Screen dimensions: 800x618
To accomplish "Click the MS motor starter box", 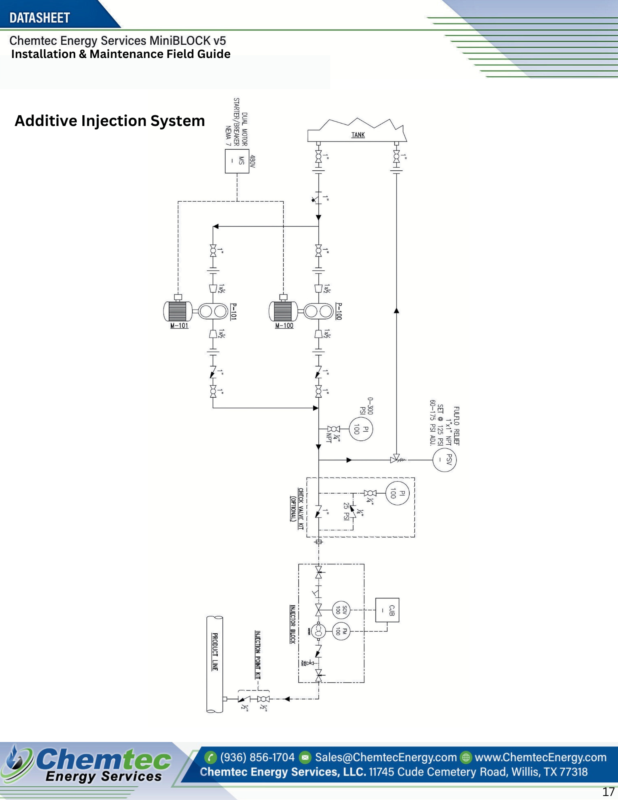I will [237, 161].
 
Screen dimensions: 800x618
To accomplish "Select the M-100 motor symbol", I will [283, 311].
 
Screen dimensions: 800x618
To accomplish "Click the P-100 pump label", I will [339, 311].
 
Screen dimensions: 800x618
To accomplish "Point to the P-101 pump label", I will [234, 311].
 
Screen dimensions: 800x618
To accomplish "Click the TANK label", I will [358, 135].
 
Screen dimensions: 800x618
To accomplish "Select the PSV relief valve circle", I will [444, 460].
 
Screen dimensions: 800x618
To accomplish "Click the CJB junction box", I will [387, 610].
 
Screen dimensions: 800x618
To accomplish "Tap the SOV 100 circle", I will [341, 610].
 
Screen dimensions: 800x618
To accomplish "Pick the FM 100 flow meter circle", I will [341, 631].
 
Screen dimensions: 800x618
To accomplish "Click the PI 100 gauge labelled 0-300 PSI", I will [361, 429].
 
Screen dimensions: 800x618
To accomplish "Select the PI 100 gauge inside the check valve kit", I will [397, 493].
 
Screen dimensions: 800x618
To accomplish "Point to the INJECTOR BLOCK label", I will [292, 624].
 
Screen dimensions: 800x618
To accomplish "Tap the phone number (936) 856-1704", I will [257, 757].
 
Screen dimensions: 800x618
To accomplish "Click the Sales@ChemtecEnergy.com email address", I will [386, 757].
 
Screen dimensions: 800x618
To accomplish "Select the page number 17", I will [608, 792].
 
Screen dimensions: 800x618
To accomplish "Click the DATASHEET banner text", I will [40, 18].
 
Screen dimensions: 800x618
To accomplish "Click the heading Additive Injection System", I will [110, 121].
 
